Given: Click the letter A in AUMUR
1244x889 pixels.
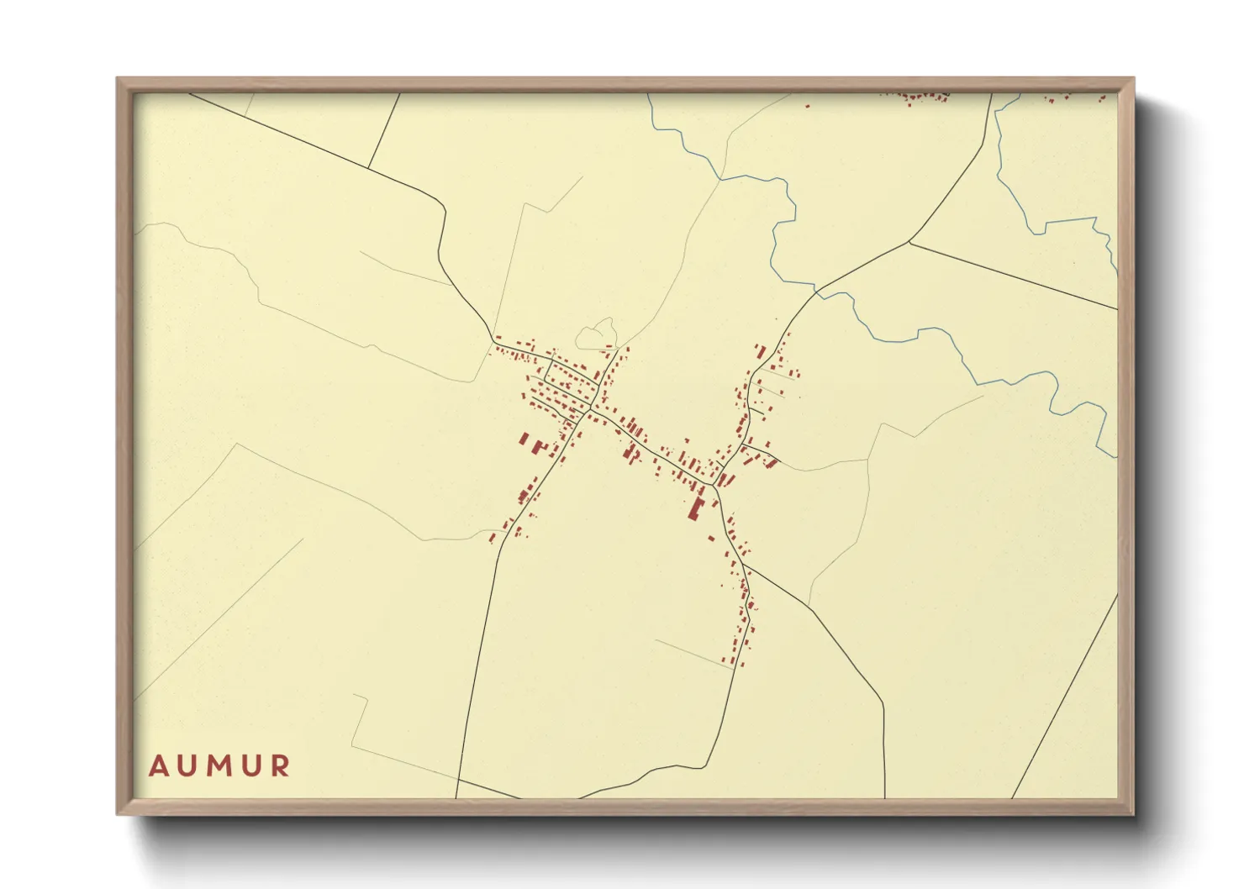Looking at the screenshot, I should pyautogui.click(x=158, y=766).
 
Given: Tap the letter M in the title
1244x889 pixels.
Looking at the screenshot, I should pyautogui.click(x=219, y=766).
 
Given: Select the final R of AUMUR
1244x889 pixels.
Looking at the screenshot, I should pyautogui.click(x=281, y=766).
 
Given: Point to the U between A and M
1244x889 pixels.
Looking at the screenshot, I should pyautogui.click(x=187, y=766).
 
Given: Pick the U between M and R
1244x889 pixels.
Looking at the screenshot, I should pyautogui.click(x=251, y=766).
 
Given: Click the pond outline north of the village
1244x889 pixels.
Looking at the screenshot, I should pyautogui.click(x=596, y=334).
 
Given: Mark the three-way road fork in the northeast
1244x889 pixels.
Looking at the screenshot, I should pyautogui.click(x=909, y=242).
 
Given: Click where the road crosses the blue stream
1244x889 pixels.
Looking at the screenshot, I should pyautogui.click(x=816, y=292).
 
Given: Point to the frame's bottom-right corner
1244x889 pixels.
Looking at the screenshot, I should pyautogui.click(x=1132, y=813).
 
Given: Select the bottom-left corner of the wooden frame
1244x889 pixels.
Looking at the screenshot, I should pyautogui.click(x=119, y=813).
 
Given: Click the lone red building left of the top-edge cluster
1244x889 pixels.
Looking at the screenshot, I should pyautogui.click(x=808, y=106).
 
